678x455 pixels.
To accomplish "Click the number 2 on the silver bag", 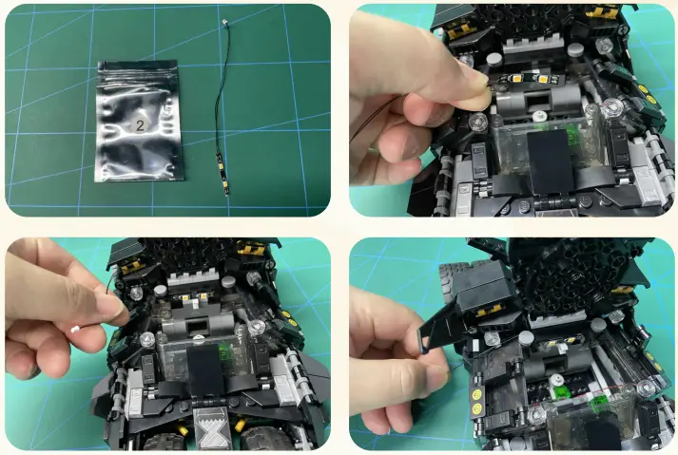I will (x=139, y=124).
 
